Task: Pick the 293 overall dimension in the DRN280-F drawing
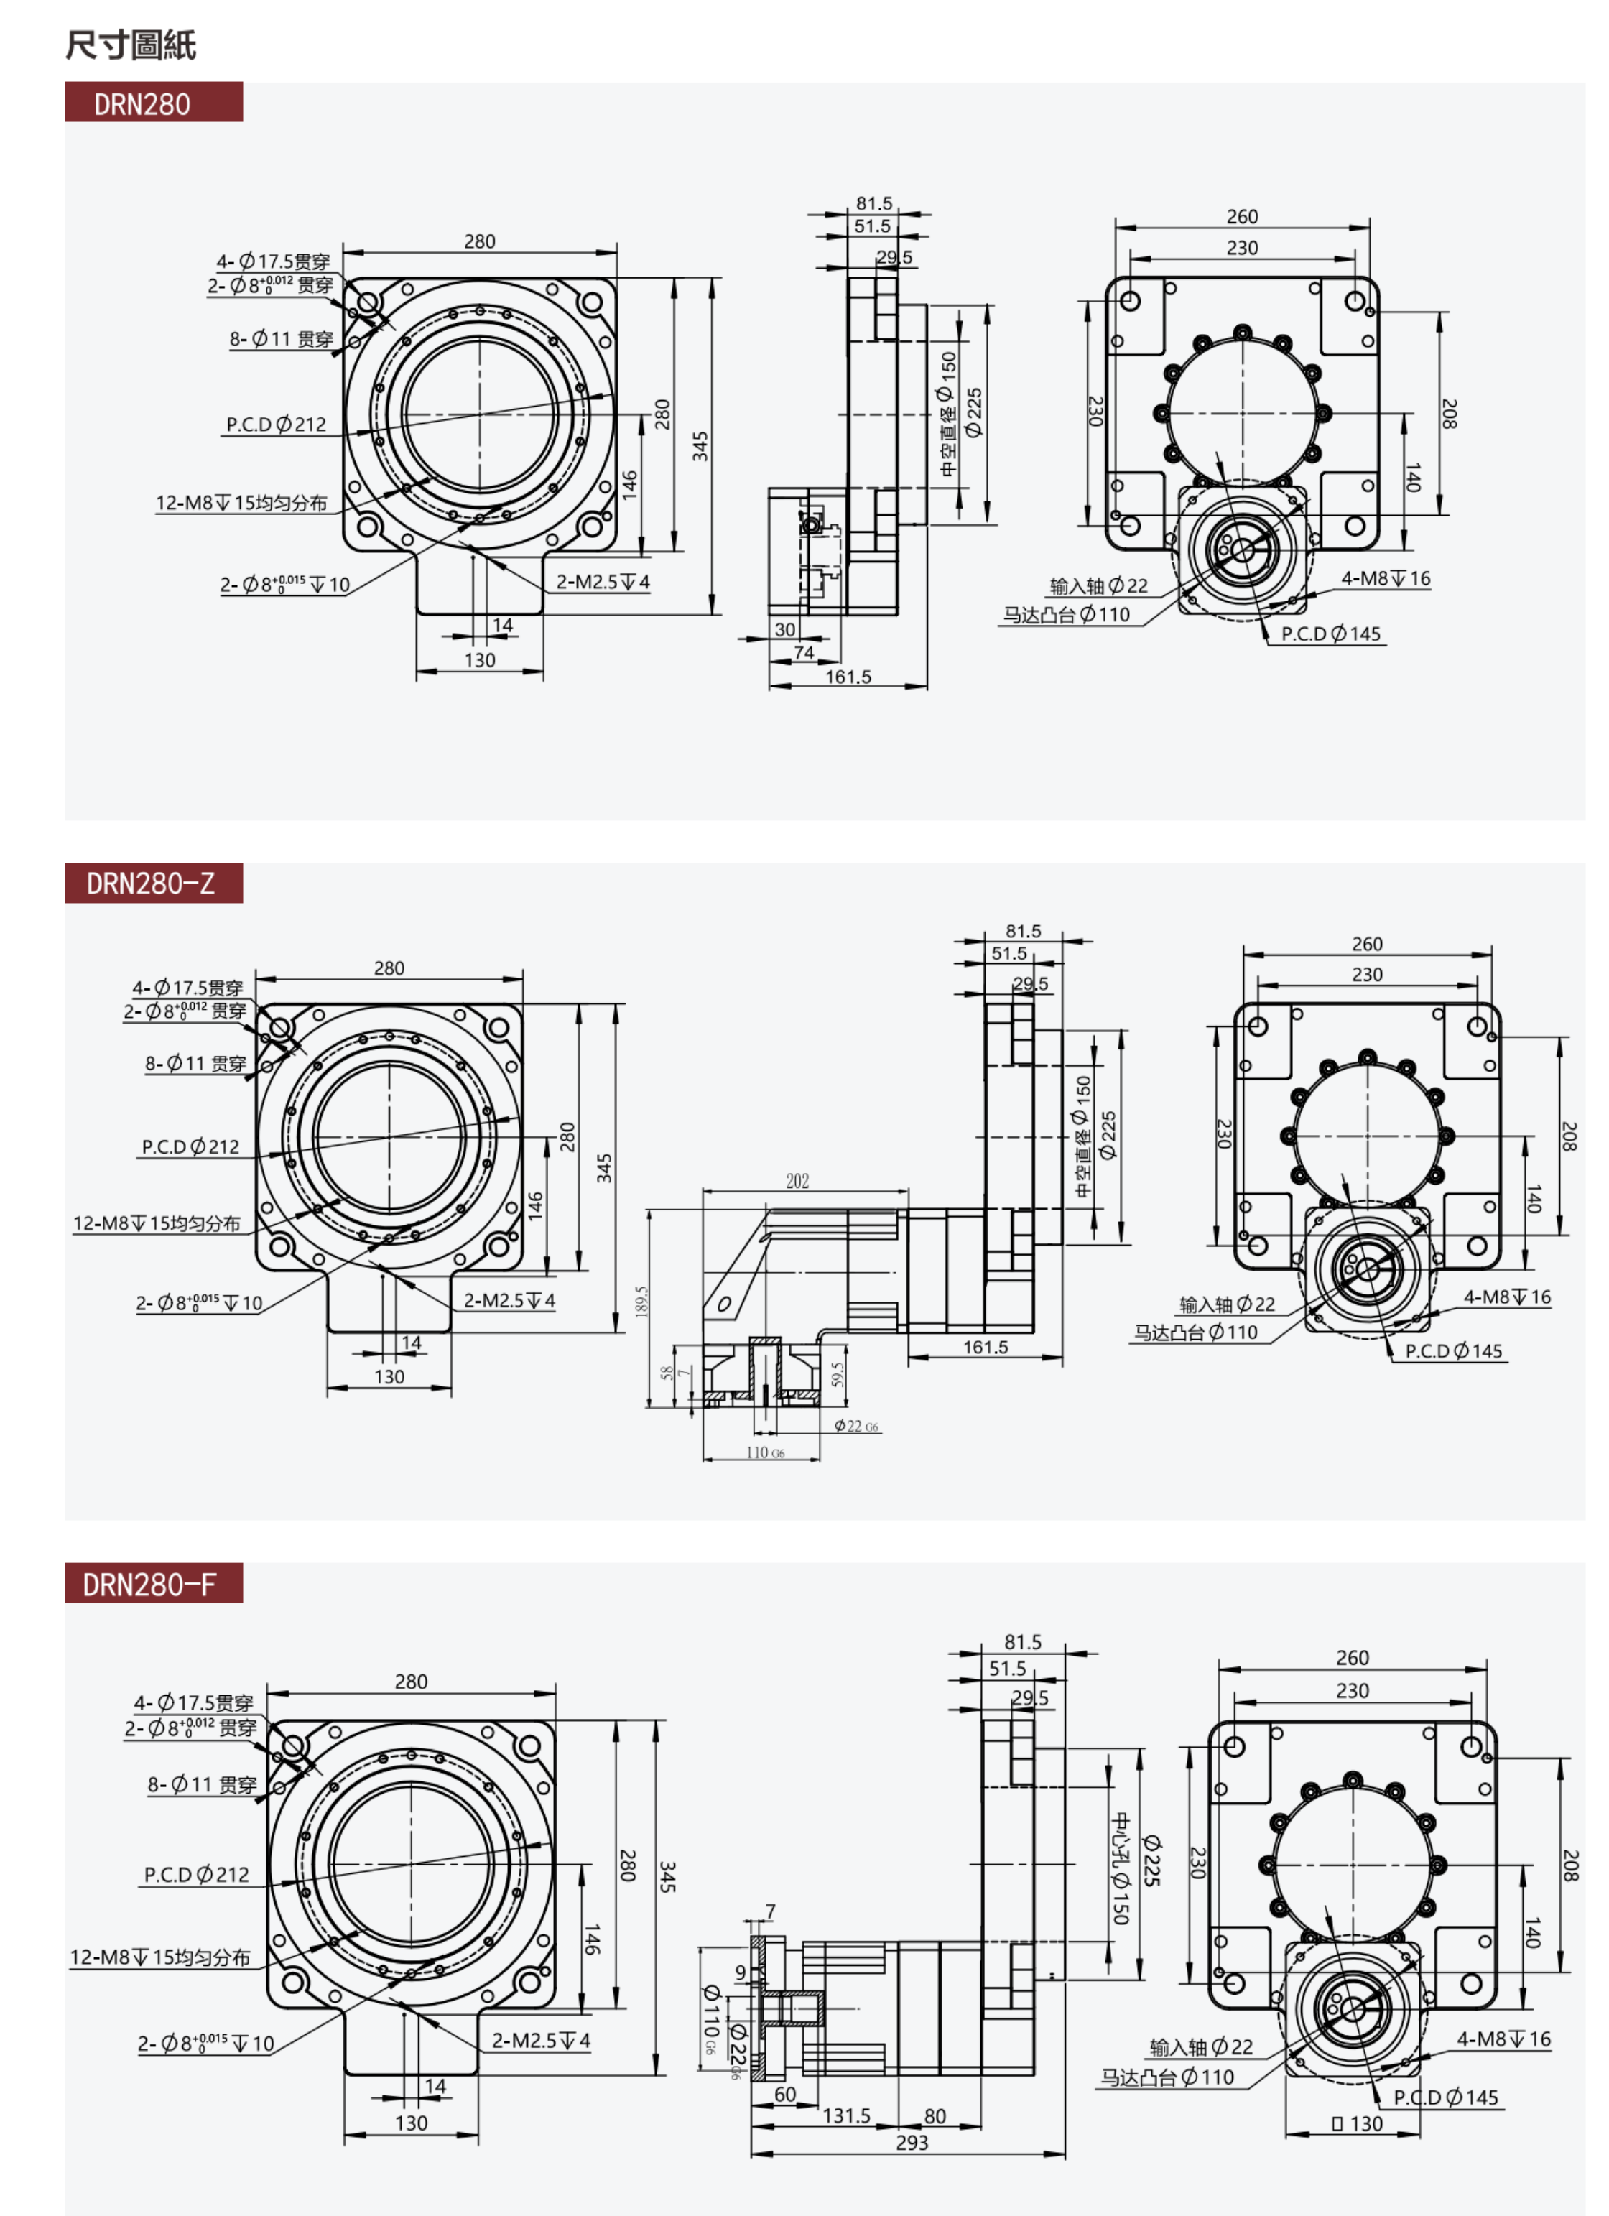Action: click(912, 2143)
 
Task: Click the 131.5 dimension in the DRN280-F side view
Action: click(846, 2116)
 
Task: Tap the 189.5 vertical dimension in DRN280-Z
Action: click(642, 1300)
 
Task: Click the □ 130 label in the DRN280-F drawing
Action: click(1357, 2124)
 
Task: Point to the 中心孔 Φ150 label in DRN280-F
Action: click(1121, 1868)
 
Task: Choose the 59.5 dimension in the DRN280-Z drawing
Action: click(838, 1373)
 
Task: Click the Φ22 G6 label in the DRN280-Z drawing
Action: click(855, 1427)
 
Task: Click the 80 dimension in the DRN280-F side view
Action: click(935, 2116)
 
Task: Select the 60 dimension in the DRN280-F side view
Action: click(784, 2095)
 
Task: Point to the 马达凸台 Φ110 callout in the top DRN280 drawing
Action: click(1066, 616)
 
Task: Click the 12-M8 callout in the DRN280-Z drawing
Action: click(157, 1223)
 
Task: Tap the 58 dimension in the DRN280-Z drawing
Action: click(667, 1373)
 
